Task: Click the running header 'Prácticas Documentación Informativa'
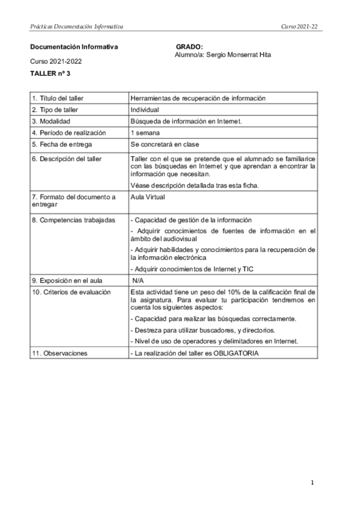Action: coord(76,26)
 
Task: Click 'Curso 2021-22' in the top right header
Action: coord(299,26)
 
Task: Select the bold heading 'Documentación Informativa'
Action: coord(74,47)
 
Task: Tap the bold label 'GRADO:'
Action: coord(189,47)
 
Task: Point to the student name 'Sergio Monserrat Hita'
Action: coord(238,55)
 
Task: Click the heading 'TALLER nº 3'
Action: coord(50,73)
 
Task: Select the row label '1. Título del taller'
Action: coord(58,99)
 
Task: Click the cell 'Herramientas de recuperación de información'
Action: coord(198,99)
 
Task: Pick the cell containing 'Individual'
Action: coord(144,110)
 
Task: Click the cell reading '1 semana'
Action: coord(145,133)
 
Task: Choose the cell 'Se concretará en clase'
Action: coord(164,144)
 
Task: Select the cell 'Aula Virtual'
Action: coord(148,197)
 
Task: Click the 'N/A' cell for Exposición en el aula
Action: coord(139,280)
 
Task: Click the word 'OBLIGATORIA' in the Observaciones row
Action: coord(236,353)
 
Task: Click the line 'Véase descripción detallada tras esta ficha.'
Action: coord(194,185)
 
